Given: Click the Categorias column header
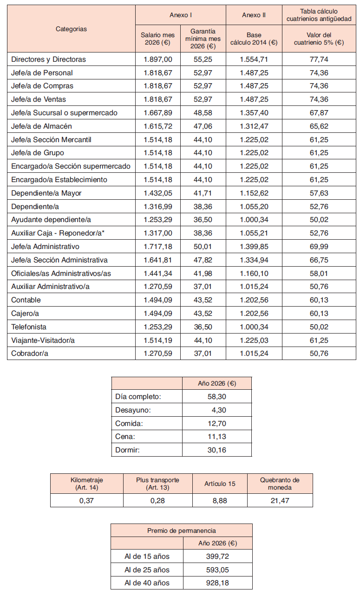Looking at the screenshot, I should point(71,29).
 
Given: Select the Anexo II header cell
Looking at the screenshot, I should point(254,15).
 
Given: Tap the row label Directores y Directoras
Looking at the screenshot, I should point(48,59).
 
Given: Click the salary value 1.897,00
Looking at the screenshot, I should point(158,59).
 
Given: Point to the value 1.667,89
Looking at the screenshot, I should point(158,113).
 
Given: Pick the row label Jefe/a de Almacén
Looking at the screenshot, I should point(41,126).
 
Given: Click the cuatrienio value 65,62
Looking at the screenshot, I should point(319,126).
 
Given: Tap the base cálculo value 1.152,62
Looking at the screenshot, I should point(254,193).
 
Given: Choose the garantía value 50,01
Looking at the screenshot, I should point(203,246).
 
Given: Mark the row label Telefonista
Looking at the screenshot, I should point(29,327).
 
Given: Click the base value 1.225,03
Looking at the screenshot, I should point(254,341).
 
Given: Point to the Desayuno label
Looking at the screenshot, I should point(133,410).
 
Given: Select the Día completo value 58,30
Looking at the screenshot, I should point(217,397).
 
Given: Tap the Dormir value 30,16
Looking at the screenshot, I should point(217,450).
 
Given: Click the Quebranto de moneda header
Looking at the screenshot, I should point(280,484).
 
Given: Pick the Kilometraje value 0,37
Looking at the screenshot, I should point(87,500).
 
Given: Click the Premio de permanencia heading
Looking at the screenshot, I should point(181,531).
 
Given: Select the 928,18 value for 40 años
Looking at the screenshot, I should point(218,583).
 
